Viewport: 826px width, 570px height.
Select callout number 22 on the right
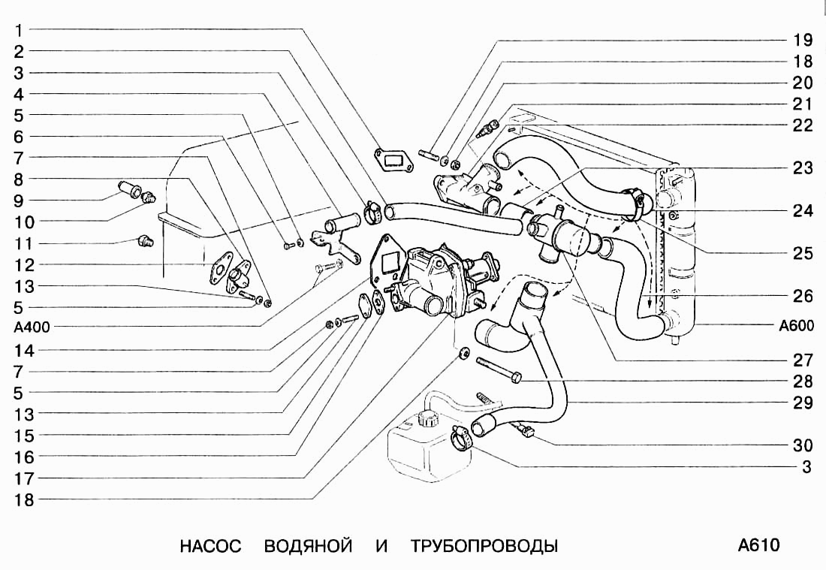tap(802, 125)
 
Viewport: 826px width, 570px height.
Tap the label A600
tap(796, 325)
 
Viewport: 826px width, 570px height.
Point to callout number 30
tap(802, 445)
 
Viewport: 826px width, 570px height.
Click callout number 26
tap(802, 296)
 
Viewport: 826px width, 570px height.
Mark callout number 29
tap(802, 403)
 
